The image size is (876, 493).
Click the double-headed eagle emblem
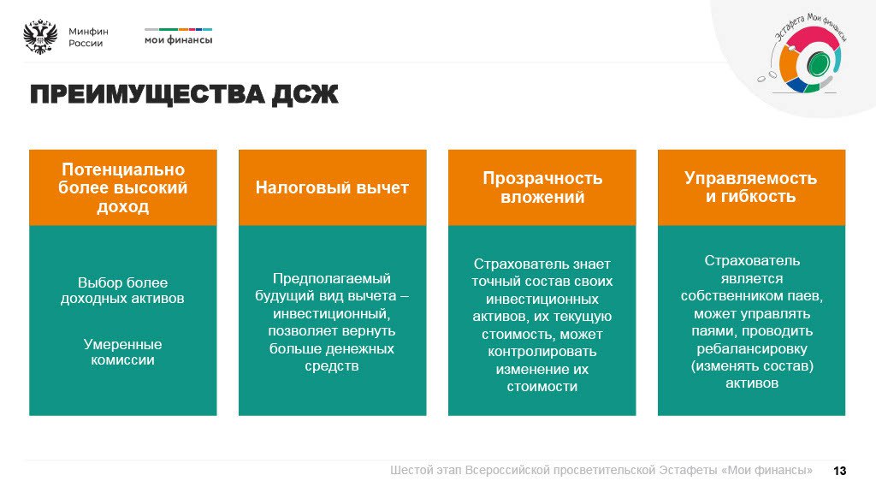coord(40,37)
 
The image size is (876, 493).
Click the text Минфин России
coord(88,38)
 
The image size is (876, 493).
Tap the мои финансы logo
coord(178,36)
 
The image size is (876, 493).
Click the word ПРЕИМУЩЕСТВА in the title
coord(147,94)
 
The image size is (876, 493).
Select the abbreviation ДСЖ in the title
coord(305,94)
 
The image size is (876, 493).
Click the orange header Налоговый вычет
coord(333,187)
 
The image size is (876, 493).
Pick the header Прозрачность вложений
coord(542,187)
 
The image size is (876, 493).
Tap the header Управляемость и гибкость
coord(751,187)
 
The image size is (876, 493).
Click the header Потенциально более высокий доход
coord(123,187)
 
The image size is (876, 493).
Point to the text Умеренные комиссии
coord(123,352)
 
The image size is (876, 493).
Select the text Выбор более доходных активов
coord(122,291)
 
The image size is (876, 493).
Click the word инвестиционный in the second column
coord(331,313)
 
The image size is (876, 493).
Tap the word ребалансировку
coord(752,349)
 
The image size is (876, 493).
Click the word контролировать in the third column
coord(542,352)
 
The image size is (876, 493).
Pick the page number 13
coord(840,472)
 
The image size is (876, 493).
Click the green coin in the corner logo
coord(817,62)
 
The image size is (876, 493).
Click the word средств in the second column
coord(331,366)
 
